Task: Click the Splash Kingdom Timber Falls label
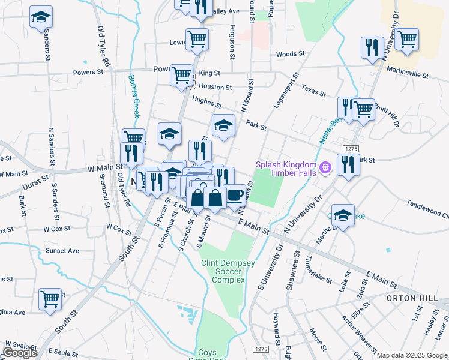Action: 286,169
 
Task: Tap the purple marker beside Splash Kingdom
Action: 325,167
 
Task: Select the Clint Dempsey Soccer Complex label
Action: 223,271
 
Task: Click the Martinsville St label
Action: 408,76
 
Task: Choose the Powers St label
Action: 88,72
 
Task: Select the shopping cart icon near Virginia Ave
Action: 50,298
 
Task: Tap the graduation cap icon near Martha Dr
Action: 343,215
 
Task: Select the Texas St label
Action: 313,91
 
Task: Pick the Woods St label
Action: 287,54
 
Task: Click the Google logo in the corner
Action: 20,353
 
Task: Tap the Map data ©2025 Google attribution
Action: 412,355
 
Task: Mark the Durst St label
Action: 35,179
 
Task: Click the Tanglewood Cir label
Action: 427,209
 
